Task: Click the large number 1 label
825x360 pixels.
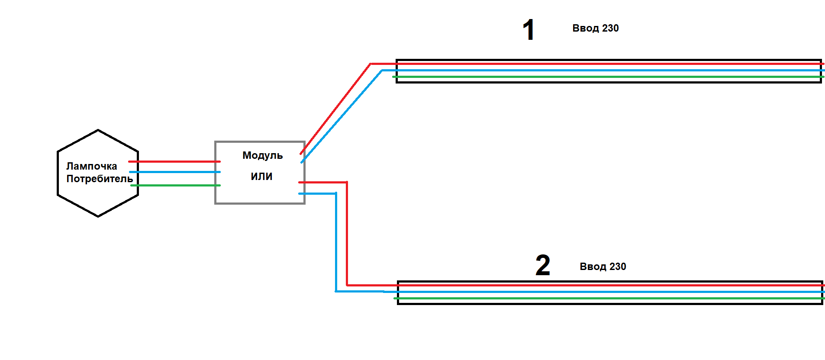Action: click(x=529, y=30)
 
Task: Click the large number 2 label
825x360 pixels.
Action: click(x=543, y=265)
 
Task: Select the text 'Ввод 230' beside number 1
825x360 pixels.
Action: click(x=596, y=28)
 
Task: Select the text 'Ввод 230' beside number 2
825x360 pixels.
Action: click(x=603, y=267)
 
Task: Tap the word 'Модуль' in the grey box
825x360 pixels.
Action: click(x=262, y=155)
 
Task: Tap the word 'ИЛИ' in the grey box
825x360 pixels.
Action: click(x=261, y=177)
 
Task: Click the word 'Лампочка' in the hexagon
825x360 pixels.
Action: click(x=91, y=166)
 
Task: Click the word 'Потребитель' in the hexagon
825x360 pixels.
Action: click(x=100, y=179)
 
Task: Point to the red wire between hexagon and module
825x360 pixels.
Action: click(x=174, y=161)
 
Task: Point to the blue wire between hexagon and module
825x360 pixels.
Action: click(x=175, y=172)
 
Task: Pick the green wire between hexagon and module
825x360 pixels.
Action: click(x=176, y=185)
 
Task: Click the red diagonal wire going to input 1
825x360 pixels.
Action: click(x=335, y=109)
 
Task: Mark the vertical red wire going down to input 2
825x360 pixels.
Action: click(x=347, y=234)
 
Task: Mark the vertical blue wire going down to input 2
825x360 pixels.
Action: click(x=336, y=242)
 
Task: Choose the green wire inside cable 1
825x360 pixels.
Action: click(x=609, y=77)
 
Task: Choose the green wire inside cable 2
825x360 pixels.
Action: click(x=609, y=298)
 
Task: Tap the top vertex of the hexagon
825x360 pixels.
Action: click(x=98, y=130)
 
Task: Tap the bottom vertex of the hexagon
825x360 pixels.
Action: click(x=98, y=216)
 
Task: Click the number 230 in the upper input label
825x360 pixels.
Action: click(x=610, y=28)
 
